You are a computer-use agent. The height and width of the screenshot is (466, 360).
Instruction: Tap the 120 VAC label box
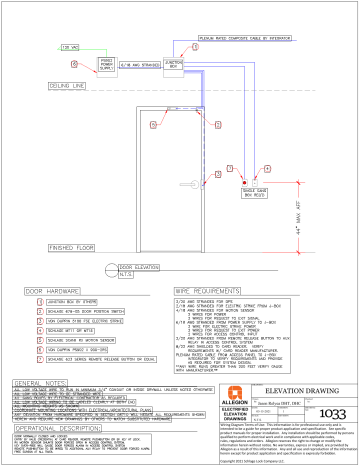pos(70,46)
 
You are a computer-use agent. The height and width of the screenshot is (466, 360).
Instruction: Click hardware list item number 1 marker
pos(31,301)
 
